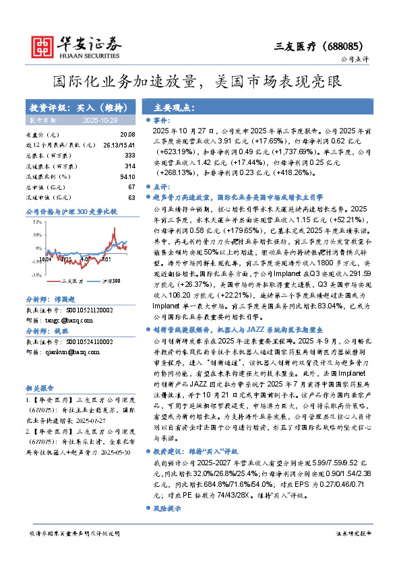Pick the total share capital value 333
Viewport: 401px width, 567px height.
point(130,156)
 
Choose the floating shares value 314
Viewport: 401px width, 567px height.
point(130,166)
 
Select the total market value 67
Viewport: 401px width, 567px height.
point(131,187)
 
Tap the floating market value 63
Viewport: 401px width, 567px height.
point(131,197)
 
